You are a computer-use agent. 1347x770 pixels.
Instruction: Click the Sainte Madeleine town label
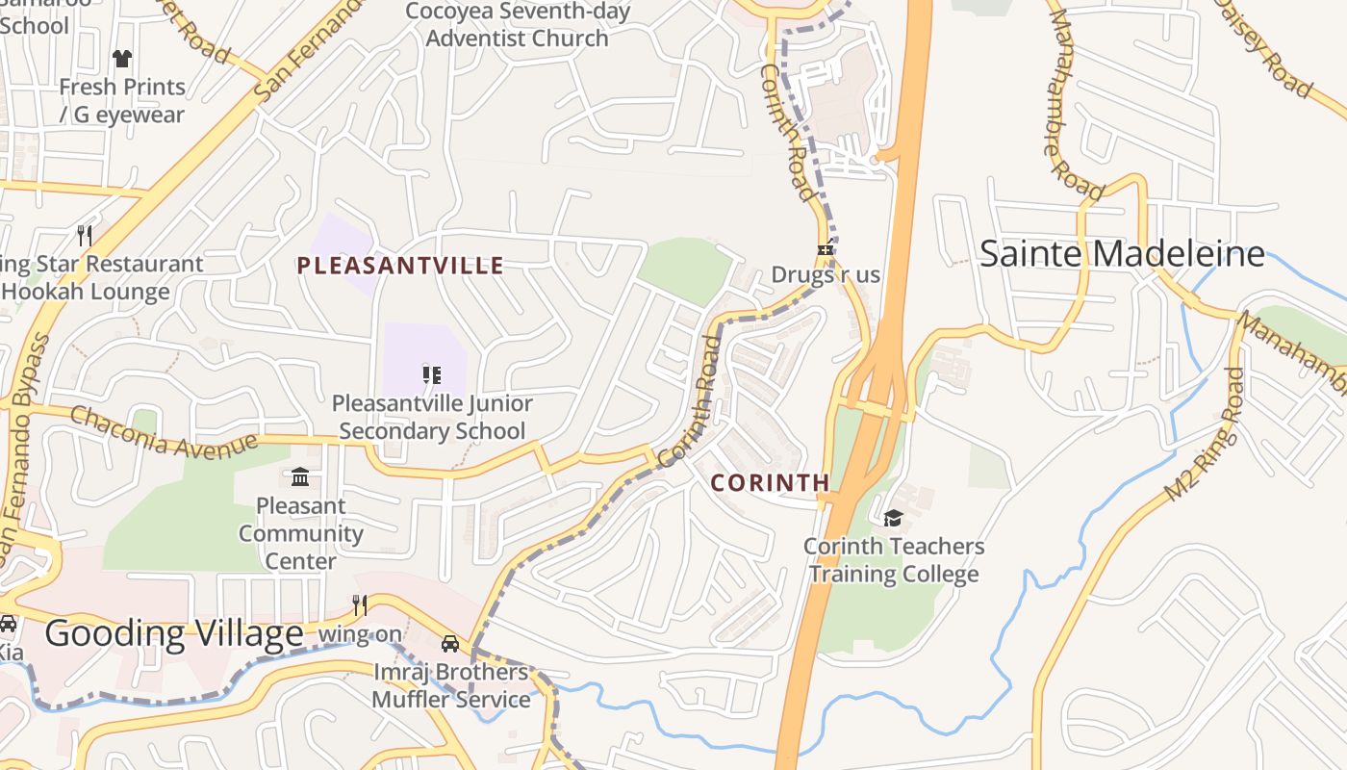[x=1121, y=254]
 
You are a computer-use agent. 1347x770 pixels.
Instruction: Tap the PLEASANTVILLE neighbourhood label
[x=400, y=266]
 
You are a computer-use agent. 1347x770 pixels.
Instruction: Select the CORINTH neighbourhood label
[x=770, y=483]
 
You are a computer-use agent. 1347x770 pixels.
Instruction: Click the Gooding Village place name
[x=174, y=634]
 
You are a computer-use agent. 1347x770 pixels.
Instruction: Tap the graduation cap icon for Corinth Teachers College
[x=893, y=519]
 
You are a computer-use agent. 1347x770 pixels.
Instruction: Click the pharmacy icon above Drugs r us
[x=825, y=250]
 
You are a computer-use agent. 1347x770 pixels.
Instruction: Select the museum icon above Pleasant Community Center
[x=300, y=477]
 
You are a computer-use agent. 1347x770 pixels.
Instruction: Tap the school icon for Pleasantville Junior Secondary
[x=431, y=374]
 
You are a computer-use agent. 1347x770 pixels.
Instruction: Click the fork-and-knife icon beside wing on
[x=360, y=604]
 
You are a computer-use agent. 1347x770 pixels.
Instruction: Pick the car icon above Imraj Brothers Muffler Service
[x=449, y=643]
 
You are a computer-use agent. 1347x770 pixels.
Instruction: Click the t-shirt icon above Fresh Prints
[x=121, y=59]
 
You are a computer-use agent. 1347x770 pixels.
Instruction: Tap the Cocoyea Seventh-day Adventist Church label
[x=518, y=25]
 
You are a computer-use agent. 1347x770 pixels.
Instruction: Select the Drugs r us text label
[x=826, y=275]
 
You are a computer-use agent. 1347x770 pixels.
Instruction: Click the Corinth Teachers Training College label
[x=894, y=560]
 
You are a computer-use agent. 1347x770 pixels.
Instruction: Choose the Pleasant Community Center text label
[x=300, y=533]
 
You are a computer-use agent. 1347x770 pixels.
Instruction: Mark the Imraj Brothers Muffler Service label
[x=451, y=685]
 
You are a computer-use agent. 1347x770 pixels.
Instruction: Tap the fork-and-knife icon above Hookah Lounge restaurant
[x=85, y=235]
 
